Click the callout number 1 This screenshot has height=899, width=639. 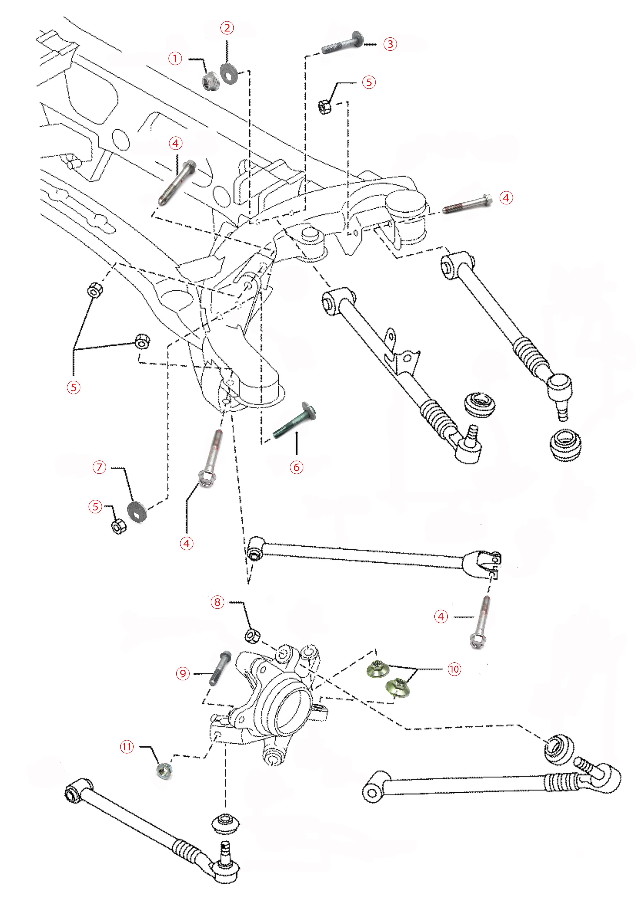click(175, 59)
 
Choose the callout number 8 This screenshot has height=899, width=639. click(217, 602)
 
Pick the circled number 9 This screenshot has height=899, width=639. click(183, 674)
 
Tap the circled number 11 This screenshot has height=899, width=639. click(127, 747)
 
